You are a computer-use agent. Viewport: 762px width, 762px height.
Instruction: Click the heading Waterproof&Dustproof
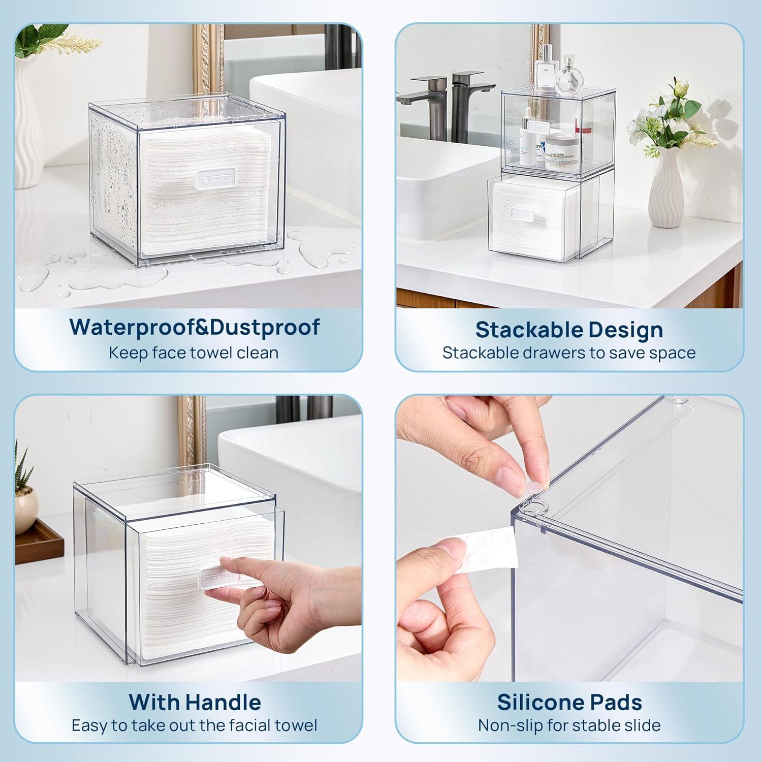coord(195,327)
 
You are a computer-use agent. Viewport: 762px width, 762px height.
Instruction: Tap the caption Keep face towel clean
coord(193,353)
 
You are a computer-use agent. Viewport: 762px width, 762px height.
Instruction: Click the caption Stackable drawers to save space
coord(568,353)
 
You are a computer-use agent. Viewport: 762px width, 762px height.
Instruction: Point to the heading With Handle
coord(195,702)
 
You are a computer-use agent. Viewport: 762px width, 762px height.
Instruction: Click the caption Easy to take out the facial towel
coord(194,725)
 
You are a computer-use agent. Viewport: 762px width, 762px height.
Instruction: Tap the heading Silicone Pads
coord(569,702)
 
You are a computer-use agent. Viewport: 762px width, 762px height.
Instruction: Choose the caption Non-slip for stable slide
coord(569,725)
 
